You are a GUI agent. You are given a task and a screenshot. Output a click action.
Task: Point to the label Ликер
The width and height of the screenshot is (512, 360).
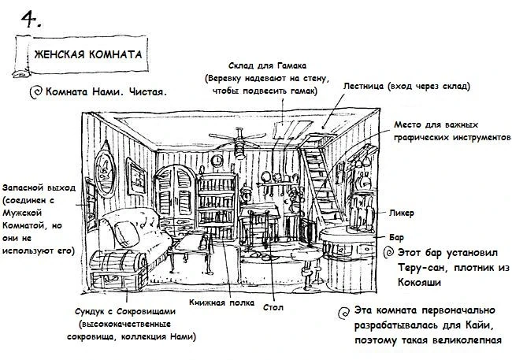click(403, 213)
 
